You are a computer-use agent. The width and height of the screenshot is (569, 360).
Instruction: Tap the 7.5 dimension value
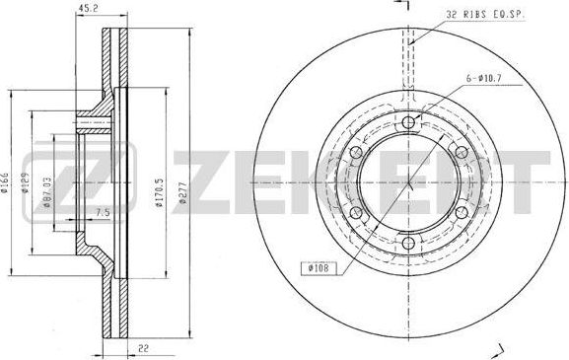point(102,212)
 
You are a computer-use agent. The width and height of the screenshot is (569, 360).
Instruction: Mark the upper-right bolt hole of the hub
point(460,152)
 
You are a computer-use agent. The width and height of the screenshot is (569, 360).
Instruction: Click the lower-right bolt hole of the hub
point(460,214)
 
